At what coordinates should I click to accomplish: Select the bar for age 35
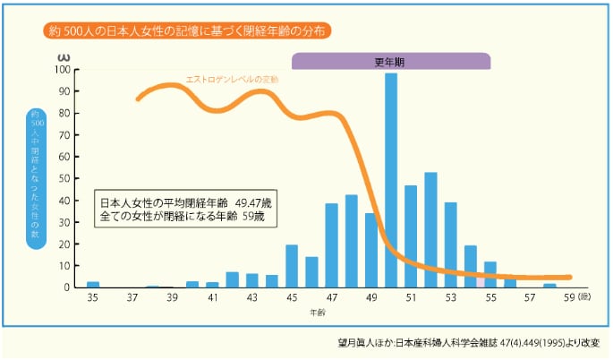click(x=93, y=284)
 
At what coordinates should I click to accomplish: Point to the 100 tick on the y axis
click(x=62, y=69)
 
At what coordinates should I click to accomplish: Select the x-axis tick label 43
click(x=251, y=297)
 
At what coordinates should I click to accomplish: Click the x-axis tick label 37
click(x=132, y=297)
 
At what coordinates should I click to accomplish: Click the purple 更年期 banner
click(x=391, y=61)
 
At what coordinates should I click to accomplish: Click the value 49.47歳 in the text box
click(x=252, y=201)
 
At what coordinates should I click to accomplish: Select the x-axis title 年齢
click(x=318, y=313)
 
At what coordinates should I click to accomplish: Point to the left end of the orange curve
click(x=138, y=99)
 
